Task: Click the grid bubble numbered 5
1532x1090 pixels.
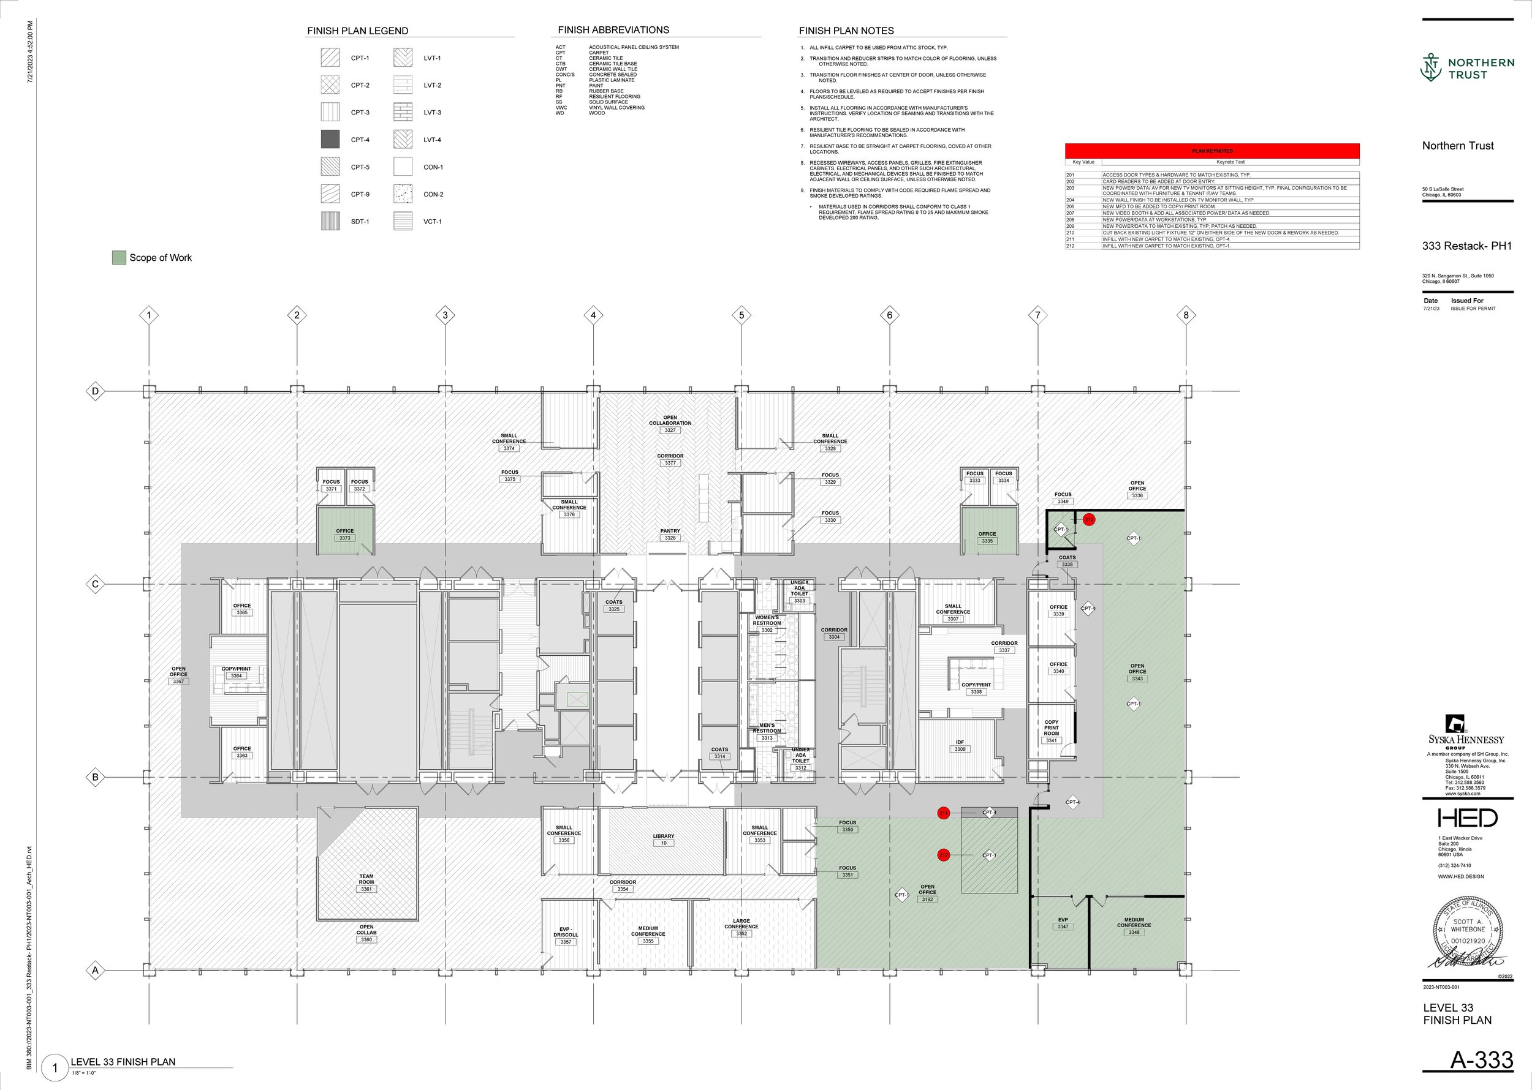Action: point(741,315)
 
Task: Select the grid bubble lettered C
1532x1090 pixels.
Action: point(96,584)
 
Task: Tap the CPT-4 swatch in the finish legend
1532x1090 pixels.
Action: point(330,140)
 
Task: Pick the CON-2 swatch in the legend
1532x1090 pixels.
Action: point(403,194)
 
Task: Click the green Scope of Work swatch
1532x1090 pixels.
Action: point(119,258)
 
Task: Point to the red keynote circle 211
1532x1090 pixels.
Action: point(944,813)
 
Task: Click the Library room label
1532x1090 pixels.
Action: point(664,839)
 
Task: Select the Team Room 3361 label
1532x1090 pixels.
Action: point(366,882)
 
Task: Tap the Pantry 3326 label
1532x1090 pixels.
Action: point(670,534)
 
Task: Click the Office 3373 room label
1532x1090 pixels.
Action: point(344,534)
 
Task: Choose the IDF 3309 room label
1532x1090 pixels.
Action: point(960,745)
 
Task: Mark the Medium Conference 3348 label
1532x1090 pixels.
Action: point(1134,925)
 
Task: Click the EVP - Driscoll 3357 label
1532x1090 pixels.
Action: point(566,935)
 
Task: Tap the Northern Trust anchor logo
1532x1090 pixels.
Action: point(1431,68)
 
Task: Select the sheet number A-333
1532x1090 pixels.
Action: point(1481,1060)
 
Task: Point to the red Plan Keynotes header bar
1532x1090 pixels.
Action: point(1212,151)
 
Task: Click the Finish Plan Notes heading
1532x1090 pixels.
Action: point(846,31)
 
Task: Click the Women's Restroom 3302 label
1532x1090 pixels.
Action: point(767,623)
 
